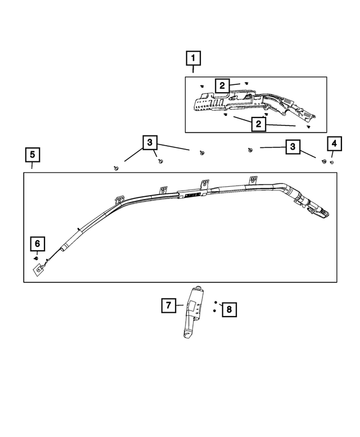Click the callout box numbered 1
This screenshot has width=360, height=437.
193,58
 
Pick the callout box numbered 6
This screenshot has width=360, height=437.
37,244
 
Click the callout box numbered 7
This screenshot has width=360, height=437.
168,305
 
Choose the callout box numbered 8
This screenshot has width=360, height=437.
229,309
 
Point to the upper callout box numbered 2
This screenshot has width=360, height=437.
222,85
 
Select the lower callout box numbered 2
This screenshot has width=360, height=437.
258,124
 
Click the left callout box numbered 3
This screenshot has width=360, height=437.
150,143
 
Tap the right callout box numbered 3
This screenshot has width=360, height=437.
292,147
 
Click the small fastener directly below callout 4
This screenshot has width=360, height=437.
332,162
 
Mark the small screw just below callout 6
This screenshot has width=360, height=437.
37,258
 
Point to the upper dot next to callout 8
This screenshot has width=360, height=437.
215,301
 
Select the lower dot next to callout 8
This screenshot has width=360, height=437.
215,310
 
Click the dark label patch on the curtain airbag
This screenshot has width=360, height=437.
190,195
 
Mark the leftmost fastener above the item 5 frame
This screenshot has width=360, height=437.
116,168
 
